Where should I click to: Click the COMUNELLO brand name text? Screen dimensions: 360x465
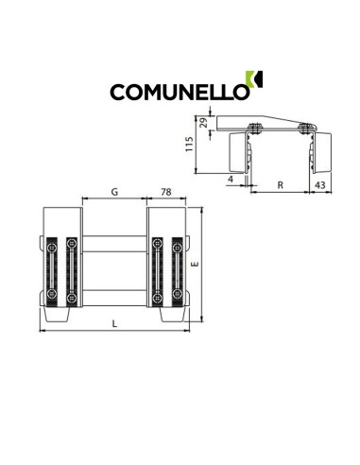tap(180, 92)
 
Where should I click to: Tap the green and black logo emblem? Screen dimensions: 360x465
tap(254, 79)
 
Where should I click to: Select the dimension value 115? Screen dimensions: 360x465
tap(189, 145)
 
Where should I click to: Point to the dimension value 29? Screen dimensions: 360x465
tap(204, 122)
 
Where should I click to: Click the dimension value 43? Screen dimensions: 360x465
tap(320, 185)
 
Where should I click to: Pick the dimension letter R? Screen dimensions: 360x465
tap(280, 185)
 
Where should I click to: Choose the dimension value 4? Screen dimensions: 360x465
tap(231, 180)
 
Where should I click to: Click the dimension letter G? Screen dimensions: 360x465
tap(114, 192)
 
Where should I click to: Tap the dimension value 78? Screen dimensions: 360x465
tap(166, 192)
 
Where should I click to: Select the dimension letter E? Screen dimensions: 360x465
tap(196, 264)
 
